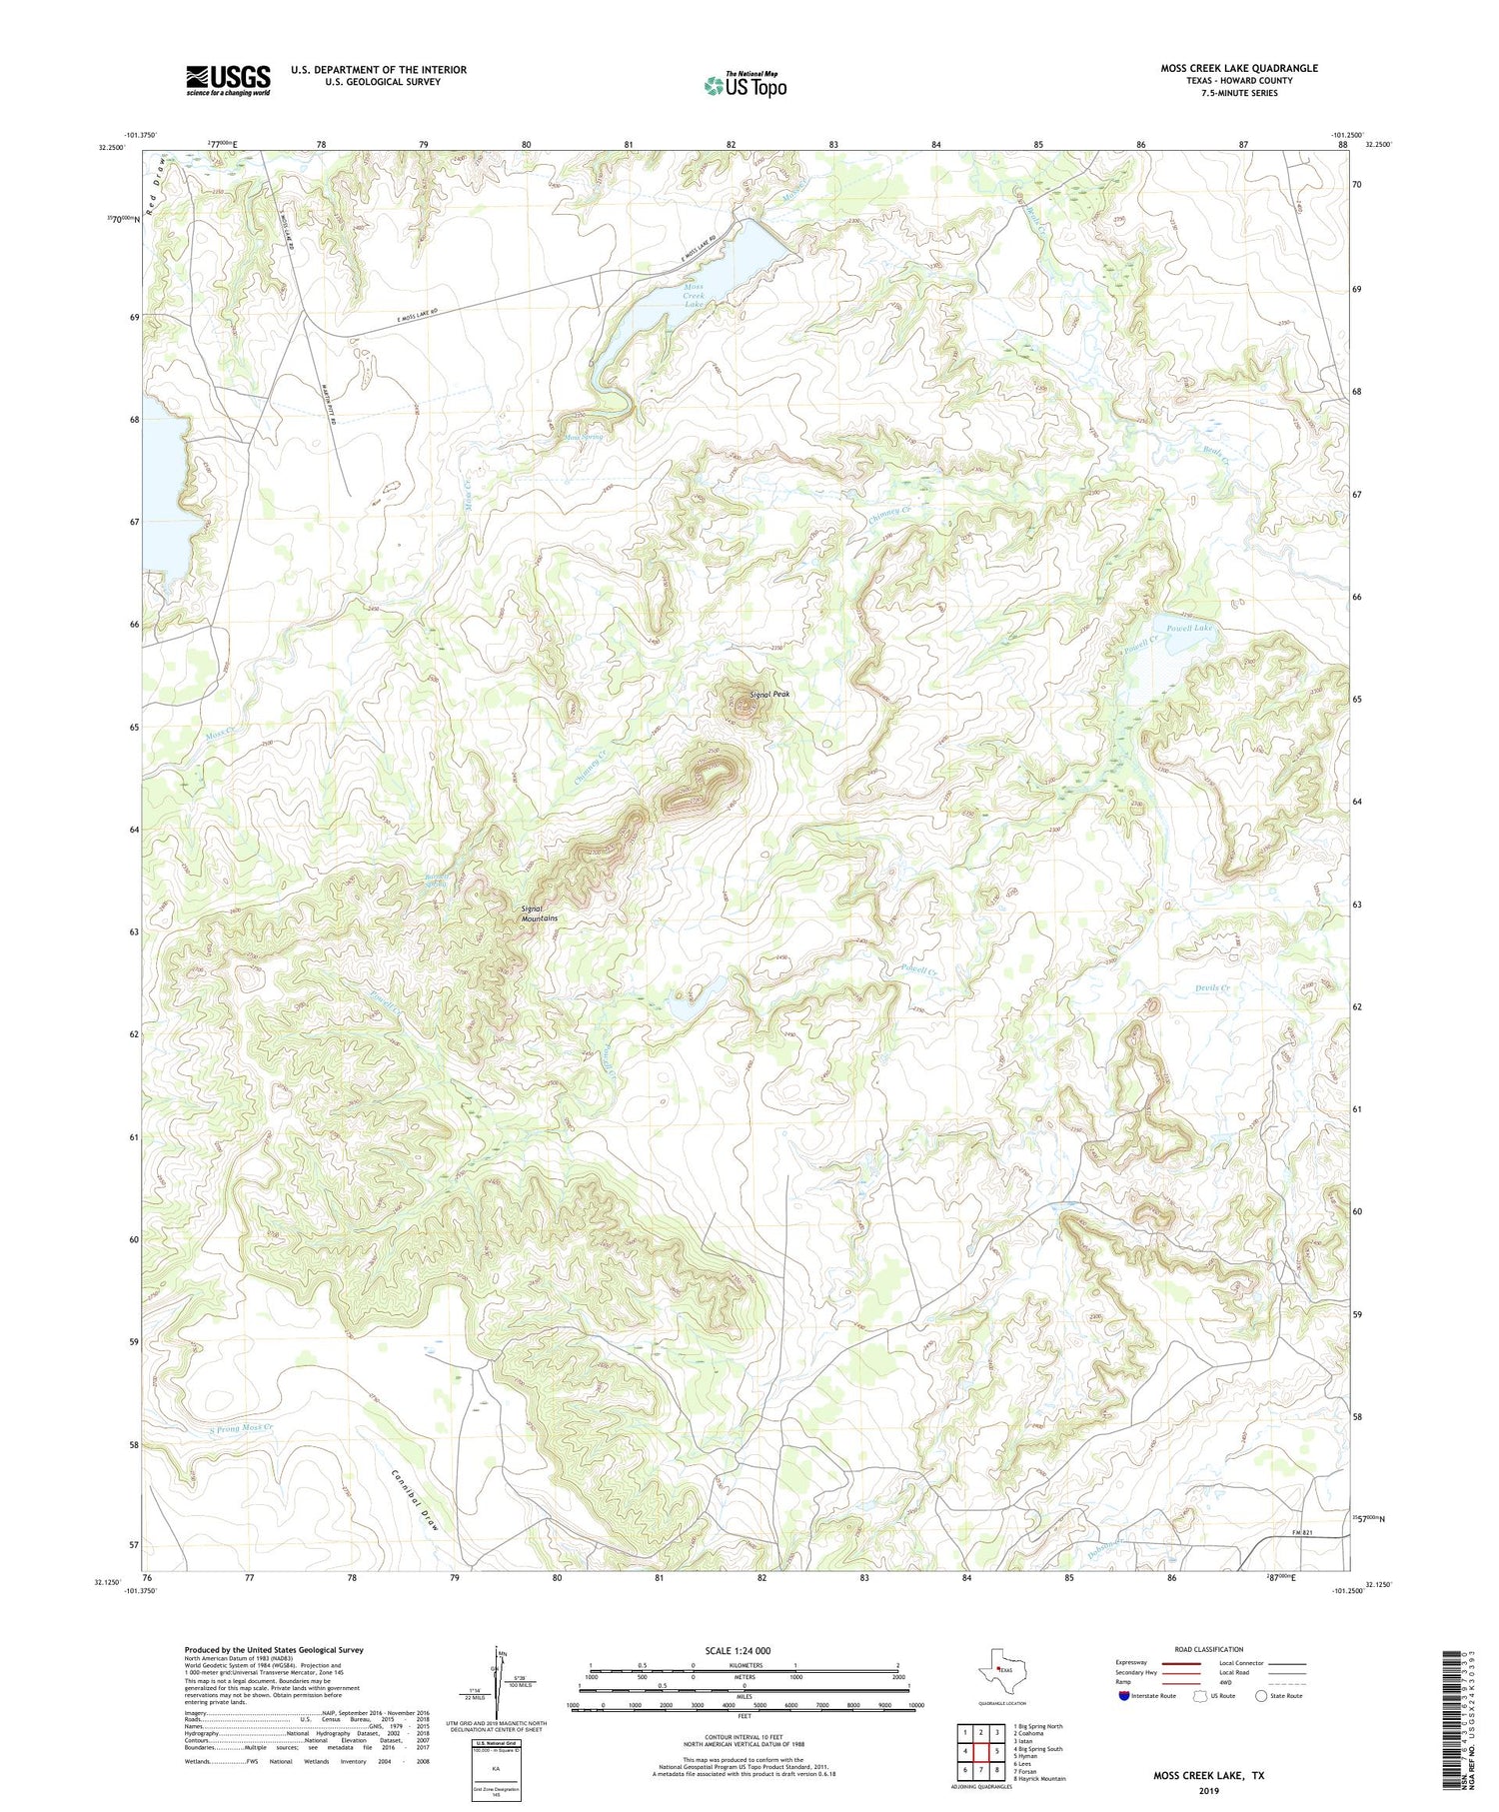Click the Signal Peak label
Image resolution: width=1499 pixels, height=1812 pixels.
(x=769, y=694)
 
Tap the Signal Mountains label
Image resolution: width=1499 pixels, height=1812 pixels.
(x=539, y=913)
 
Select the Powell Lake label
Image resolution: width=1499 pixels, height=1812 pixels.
(x=1189, y=628)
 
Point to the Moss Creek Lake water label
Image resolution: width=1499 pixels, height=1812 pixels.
(x=693, y=296)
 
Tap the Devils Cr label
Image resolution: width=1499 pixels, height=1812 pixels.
(x=1212, y=988)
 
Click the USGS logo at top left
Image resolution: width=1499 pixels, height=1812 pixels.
(x=228, y=80)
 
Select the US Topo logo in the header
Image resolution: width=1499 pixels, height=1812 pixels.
(x=745, y=85)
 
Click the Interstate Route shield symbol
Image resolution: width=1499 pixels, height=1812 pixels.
(x=1124, y=1696)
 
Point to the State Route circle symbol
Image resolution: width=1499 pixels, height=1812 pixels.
(x=1261, y=1696)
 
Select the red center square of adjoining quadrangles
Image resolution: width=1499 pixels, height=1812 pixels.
(x=981, y=1751)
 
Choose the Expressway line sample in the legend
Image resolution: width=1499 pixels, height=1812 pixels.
(x=1179, y=1663)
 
